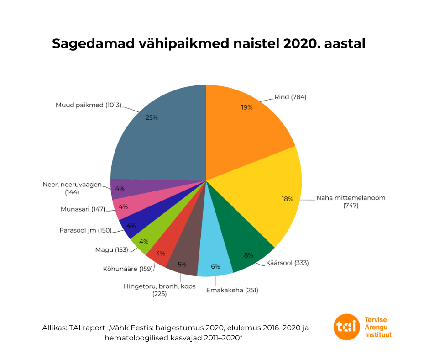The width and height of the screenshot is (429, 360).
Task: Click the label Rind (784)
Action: pos(290,97)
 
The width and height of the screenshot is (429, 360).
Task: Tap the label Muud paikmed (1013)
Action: pos(88,105)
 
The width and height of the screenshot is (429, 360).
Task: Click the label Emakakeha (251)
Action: pos(232,290)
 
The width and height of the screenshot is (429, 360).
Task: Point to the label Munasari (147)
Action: pos(83,209)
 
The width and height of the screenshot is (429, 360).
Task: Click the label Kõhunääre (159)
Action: pos(127,269)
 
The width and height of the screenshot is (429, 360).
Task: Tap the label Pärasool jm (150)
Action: pos(85,230)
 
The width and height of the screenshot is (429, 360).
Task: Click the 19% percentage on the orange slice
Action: pos(247,107)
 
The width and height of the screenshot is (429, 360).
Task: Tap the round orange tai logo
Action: pos(346,327)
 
